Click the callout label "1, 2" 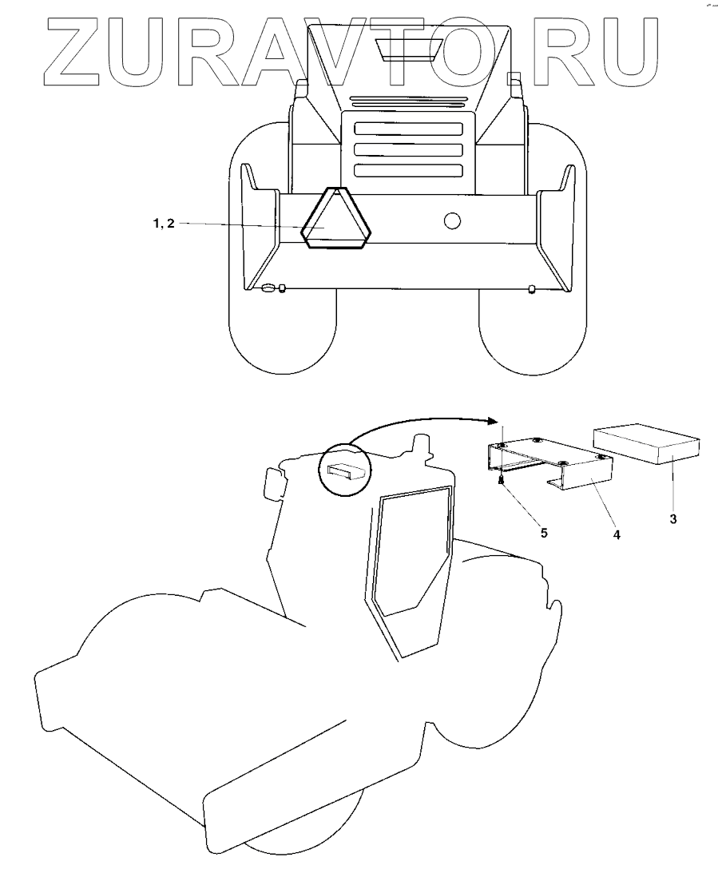(x=163, y=224)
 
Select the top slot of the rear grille (x=408, y=129)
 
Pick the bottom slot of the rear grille (x=408, y=170)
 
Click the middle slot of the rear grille (x=408, y=149)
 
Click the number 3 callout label (x=672, y=519)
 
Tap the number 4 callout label (x=616, y=533)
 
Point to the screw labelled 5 (x=501, y=480)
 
